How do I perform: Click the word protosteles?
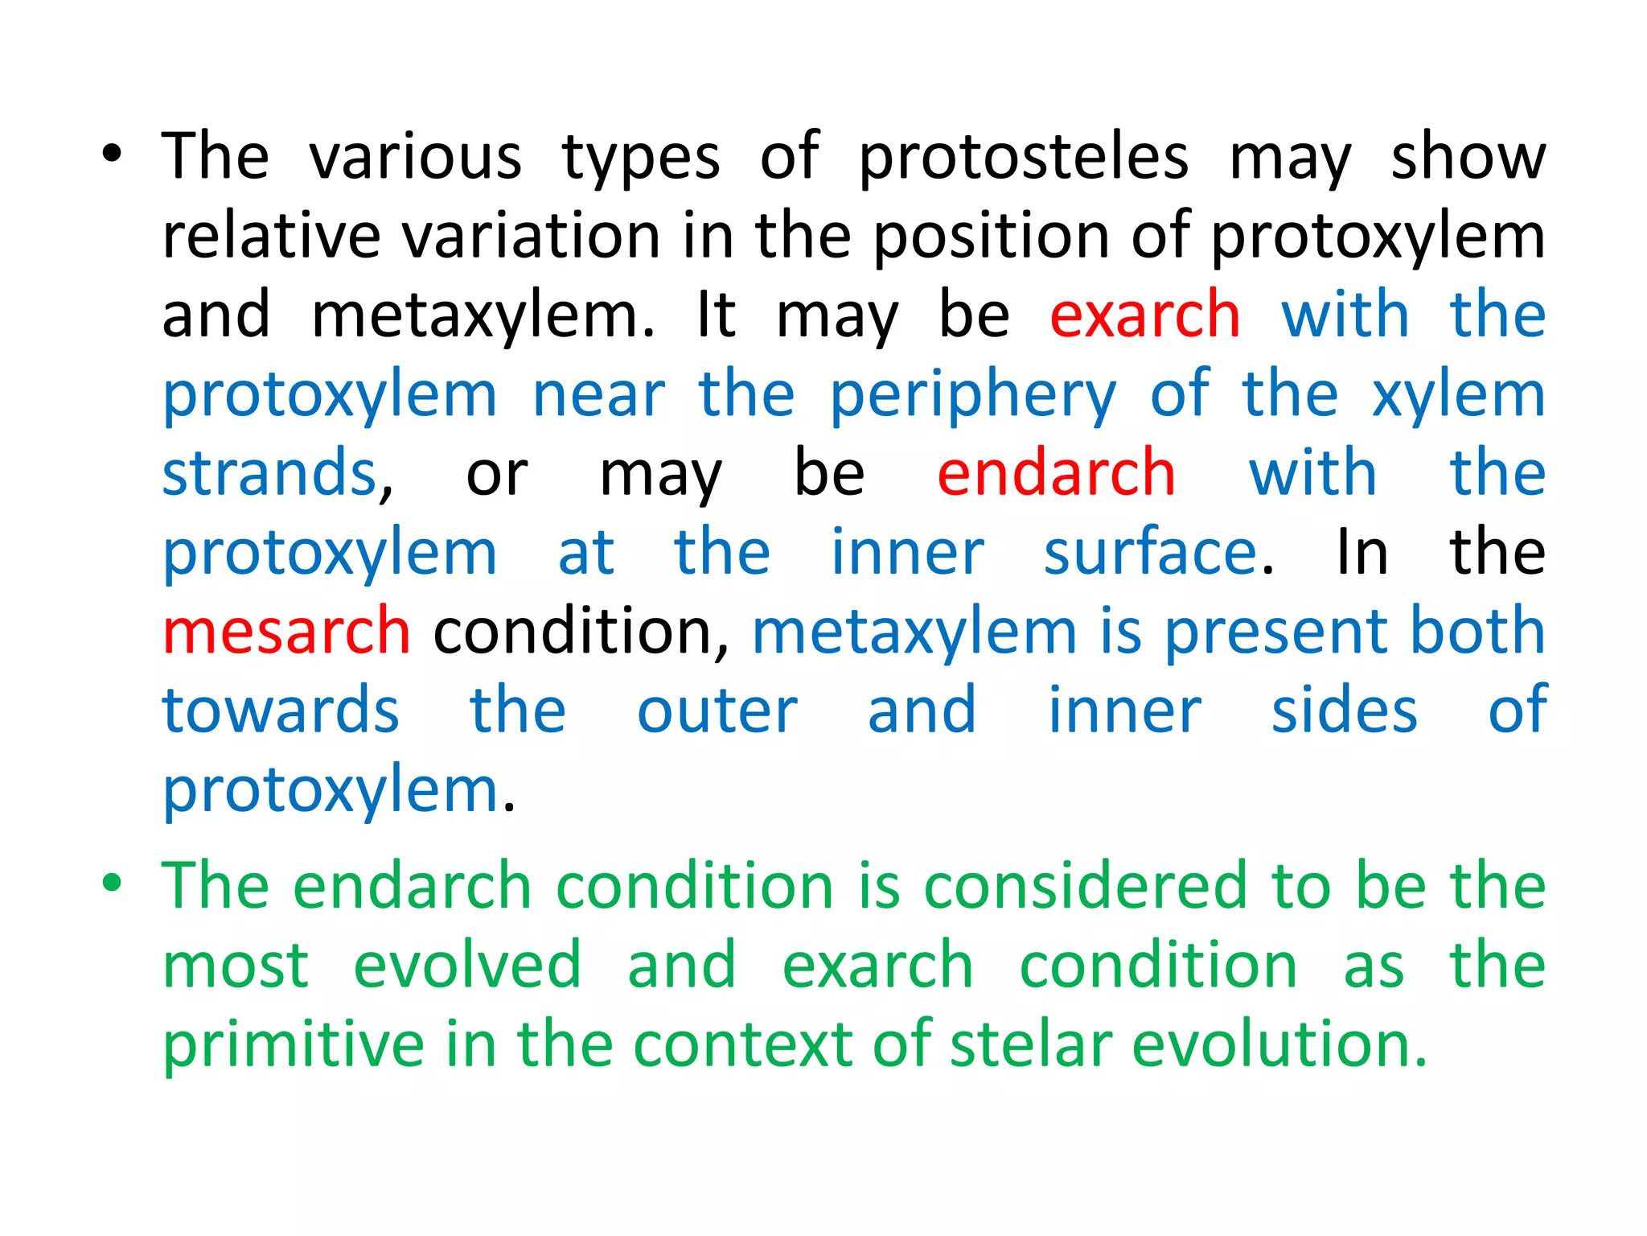click(1023, 159)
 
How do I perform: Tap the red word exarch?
click(1144, 315)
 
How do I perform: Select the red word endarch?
click(1056, 473)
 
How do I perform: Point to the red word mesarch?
click(286, 631)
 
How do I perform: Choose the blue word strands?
click(269, 473)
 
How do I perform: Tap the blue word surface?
click(1150, 552)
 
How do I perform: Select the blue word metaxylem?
click(914, 631)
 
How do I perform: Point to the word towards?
click(281, 711)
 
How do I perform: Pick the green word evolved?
click(467, 965)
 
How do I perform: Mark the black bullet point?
click(112, 154)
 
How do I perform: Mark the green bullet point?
click(112, 883)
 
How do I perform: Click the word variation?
click(532, 237)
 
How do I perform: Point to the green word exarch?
click(877, 965)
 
